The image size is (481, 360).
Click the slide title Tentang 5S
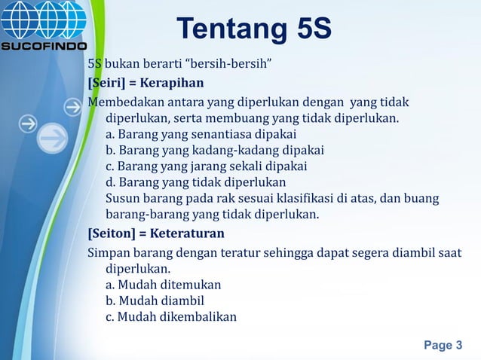pos(254,30)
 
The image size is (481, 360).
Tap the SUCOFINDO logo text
pos(43,44)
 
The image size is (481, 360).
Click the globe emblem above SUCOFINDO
pos(43,19)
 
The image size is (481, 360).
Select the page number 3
pos(443,346)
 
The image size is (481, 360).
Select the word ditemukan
pos(188,285)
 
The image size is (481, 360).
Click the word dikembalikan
pos(195,316)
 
